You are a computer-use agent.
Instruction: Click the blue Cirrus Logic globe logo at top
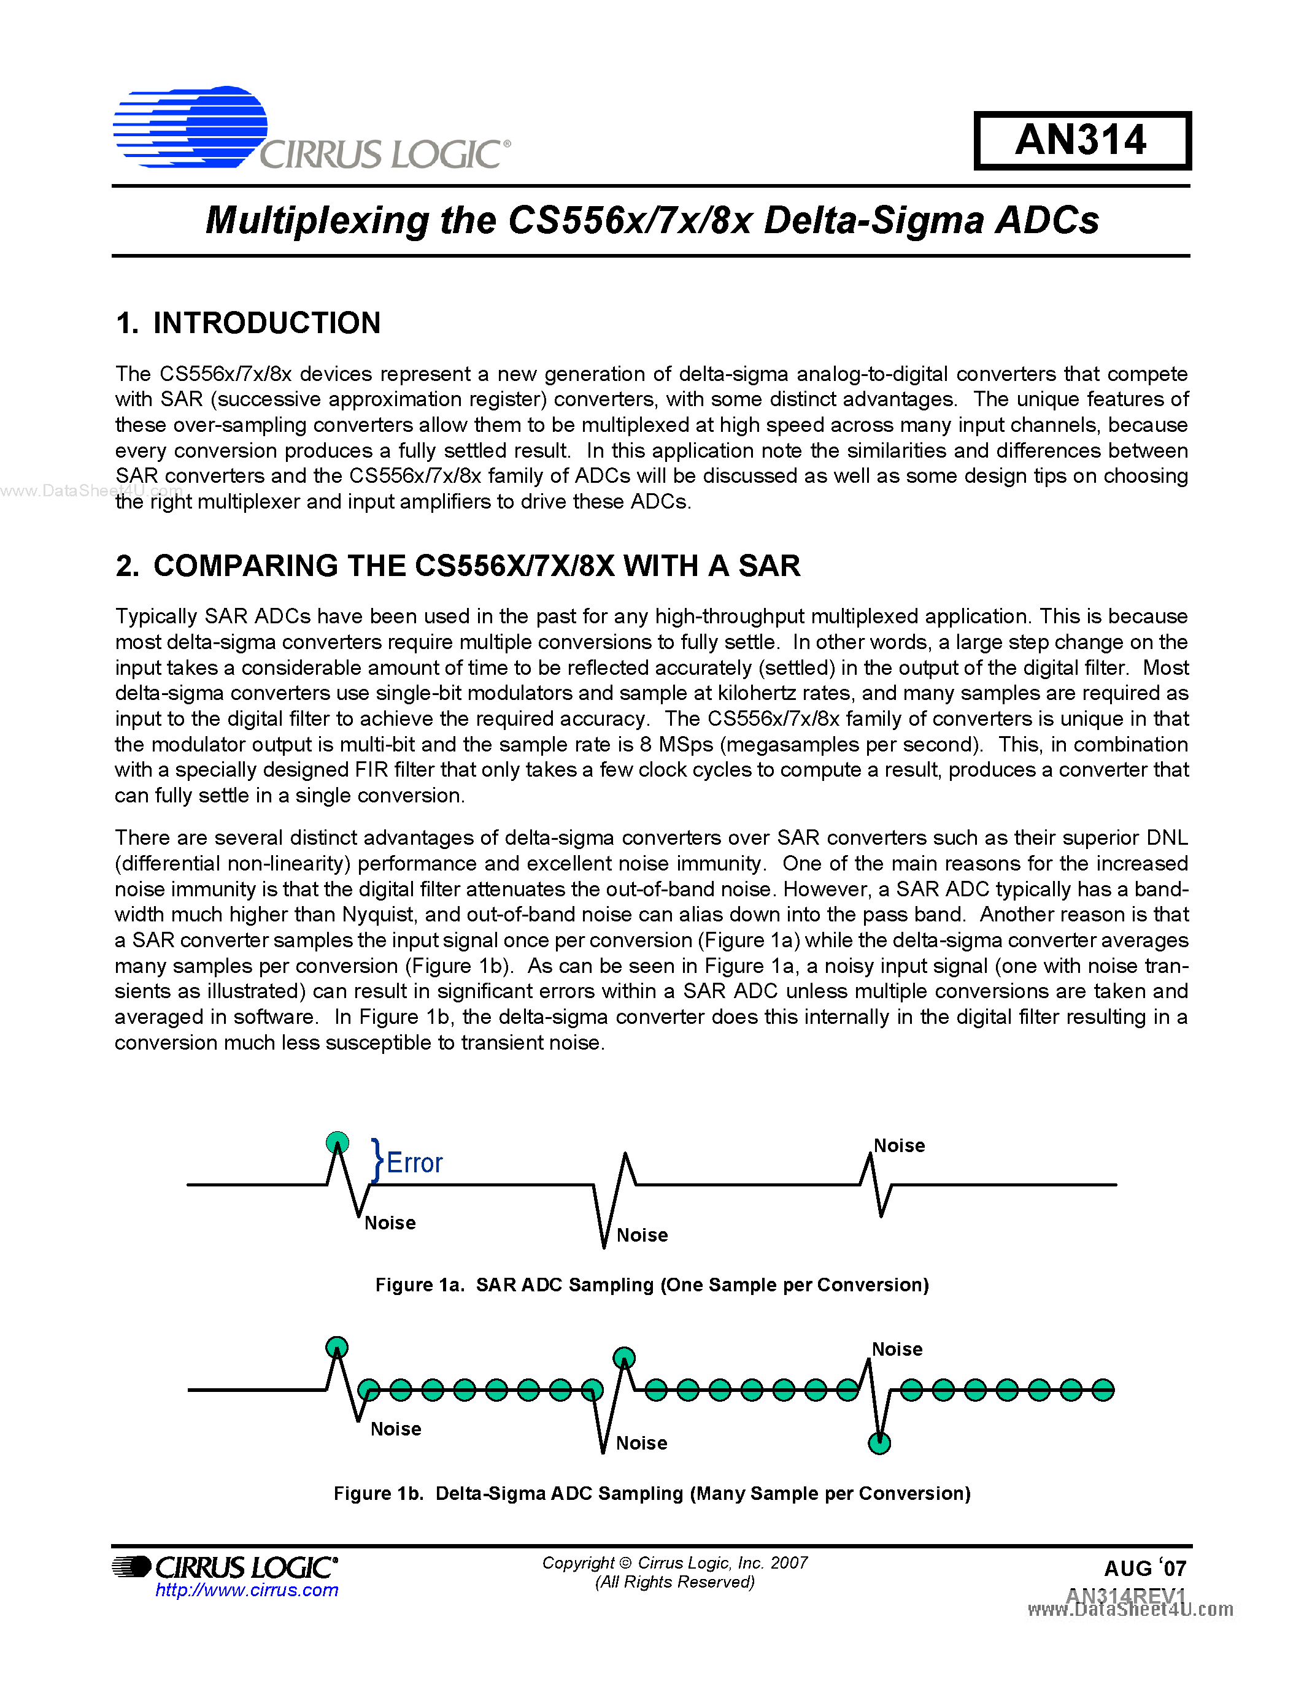[x=191, y=127]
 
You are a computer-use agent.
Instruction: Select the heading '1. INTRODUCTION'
[x=248, y=323]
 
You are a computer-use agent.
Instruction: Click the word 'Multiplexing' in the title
[x=317, y=220]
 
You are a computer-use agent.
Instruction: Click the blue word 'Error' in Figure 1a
[x=414, y=1162]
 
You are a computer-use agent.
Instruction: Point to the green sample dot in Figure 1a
[x=338, y=1142]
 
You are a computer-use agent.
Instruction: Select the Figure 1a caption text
[x=651, y=1285]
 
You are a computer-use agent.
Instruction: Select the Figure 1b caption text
[x=651, y=1493]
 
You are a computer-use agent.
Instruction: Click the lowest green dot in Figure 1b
[x=879, y=1442]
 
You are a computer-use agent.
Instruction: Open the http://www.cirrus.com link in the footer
[x=247, y=1589]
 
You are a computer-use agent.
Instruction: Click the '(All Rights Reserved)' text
[x=674, y=1582]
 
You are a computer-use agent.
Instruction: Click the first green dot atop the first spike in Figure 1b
[x=337, y=1347]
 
